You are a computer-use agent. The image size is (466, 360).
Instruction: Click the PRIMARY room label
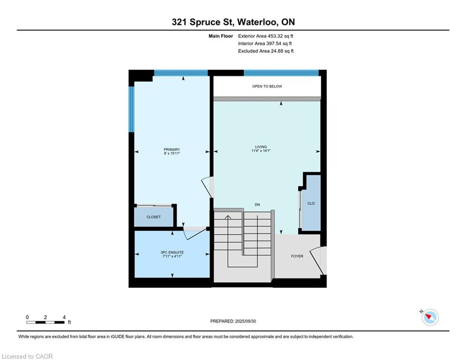point(172,150)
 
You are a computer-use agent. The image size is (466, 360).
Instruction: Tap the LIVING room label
point(261,147)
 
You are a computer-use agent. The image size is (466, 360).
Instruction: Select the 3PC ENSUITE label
point(172,252)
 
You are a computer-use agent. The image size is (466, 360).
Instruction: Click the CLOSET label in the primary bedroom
point(154,217)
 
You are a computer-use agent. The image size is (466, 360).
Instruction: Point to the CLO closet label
point(311,203)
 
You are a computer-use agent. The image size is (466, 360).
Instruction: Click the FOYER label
point(297,256)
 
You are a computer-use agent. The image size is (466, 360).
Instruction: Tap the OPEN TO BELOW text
point(267,86)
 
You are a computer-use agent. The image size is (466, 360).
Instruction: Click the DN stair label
point(258,205)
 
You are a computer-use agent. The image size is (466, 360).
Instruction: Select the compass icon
point(430,317)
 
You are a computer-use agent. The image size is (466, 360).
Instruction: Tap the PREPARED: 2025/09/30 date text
point(233,321)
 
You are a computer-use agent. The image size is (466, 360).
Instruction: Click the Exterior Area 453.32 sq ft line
point(266,36)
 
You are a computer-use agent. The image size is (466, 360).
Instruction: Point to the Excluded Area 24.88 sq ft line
point(266,51)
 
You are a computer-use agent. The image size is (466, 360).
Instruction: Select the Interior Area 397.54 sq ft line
point(265,44)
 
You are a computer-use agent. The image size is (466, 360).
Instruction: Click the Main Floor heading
point(221,36)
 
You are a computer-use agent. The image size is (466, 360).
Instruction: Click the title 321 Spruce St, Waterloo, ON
point(233,22)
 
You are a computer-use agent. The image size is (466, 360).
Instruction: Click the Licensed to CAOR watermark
point(27,356)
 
